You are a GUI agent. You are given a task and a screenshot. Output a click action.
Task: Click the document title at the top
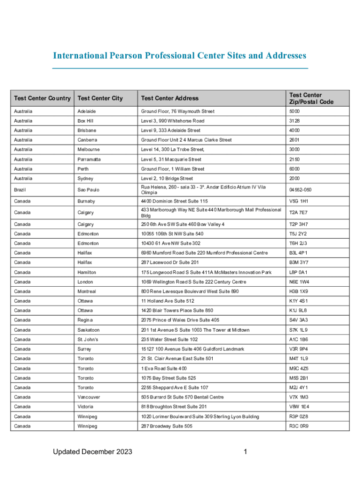[x=180, y=56]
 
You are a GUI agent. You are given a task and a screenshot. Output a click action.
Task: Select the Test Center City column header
[x=100, y=98]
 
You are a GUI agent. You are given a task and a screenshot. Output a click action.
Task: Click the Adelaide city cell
[x=87, y=111]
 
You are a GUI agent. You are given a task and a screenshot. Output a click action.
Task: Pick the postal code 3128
[x=295, y=121]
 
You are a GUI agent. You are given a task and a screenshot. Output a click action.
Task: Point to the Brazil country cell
[x=20, y=190]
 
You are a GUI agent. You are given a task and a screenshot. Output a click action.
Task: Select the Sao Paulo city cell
[x=88, y=190]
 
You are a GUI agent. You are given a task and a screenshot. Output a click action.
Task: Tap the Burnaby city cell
[x=86, y=201]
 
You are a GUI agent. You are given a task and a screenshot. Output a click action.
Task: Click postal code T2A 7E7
[x=298, y=212]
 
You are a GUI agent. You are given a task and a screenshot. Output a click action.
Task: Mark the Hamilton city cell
[x=87, y=272]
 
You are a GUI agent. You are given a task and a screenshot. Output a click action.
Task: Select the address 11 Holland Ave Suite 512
[x=167, y=301]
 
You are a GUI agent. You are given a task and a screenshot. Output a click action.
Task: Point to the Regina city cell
[x=86, y=320]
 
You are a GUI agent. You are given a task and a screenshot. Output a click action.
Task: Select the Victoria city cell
[x=86, y=406]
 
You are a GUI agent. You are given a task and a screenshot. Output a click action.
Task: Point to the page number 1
[x=245, y=451]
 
